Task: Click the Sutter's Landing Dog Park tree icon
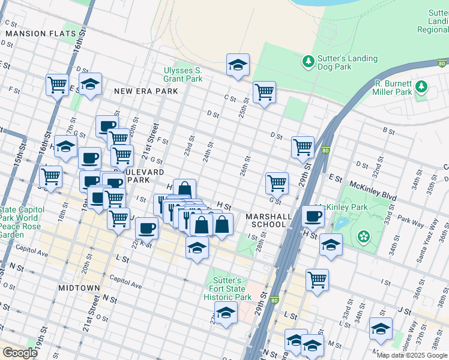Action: pos(308,61)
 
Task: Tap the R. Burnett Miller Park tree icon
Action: pos(421,86)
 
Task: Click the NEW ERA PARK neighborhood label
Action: pos(146,91)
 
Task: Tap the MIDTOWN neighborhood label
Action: pos(79,288)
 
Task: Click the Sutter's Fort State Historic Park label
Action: pos(227,289)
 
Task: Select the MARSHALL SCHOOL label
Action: pos(268,220)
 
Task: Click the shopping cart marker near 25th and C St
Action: pos(264,92)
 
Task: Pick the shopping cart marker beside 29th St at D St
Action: pos(303,147)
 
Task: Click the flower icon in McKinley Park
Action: pos(363,236)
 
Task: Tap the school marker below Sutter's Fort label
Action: pos(226,313)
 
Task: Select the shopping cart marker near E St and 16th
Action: pos(57,85)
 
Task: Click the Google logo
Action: pos(20,353)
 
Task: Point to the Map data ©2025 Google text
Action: pos(412,355)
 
